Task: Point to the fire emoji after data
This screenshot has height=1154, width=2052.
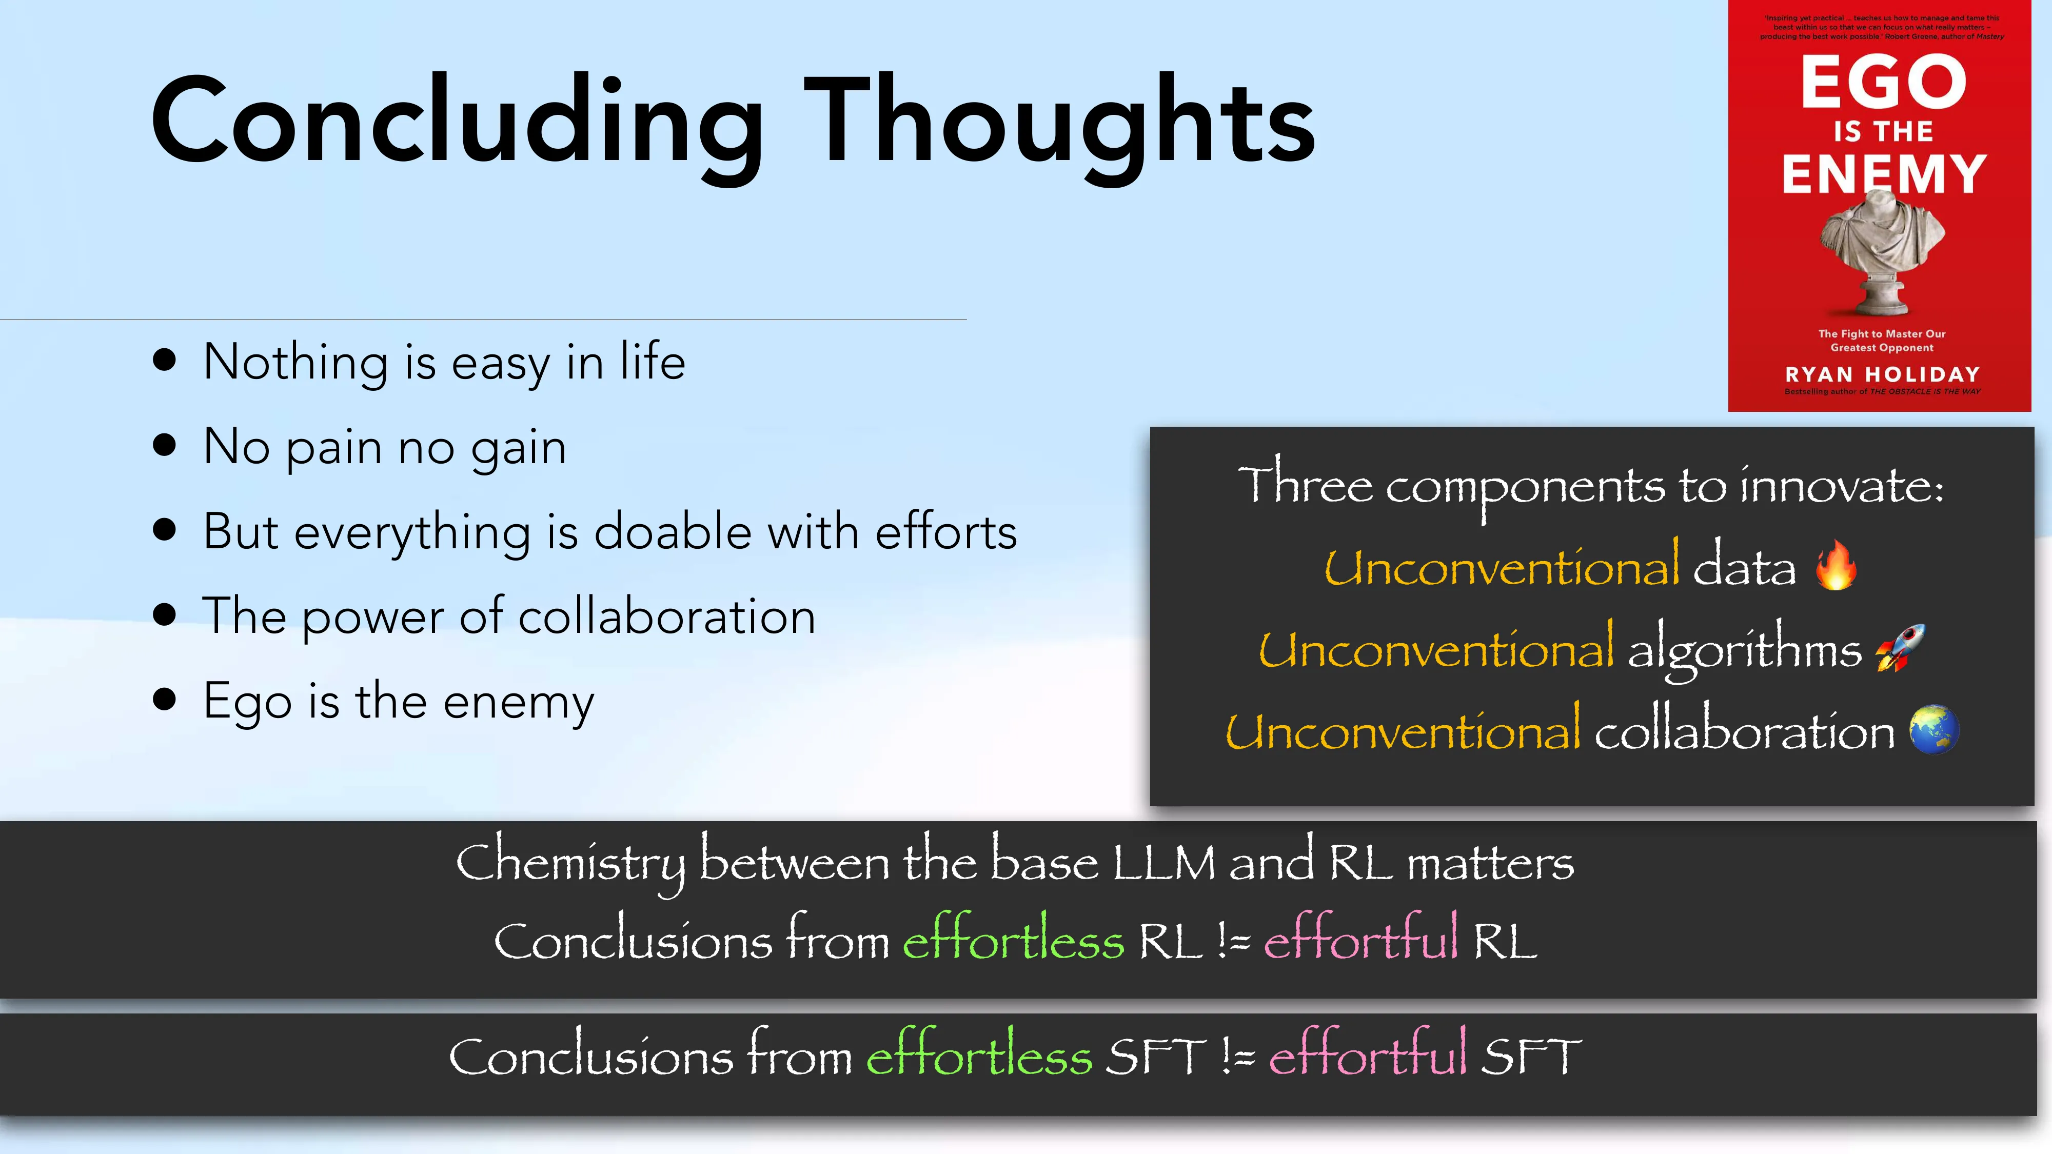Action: tap(1836, 565)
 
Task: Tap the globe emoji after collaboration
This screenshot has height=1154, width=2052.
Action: tap(1934, 729)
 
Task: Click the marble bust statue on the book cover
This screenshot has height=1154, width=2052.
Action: tap(1882, 251)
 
